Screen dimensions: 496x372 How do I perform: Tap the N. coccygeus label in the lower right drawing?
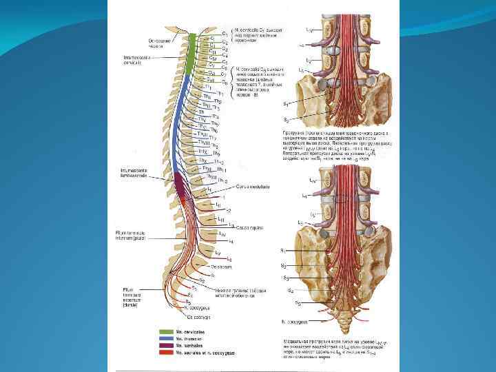coord(293,321)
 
